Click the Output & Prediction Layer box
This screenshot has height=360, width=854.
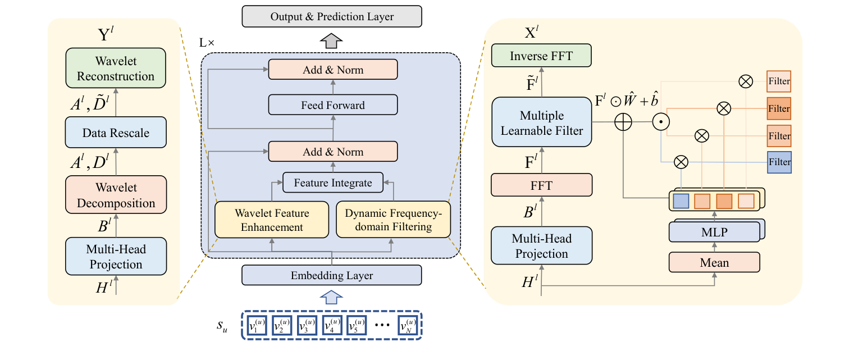(x=332, y=17)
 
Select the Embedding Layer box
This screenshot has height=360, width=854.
(x=331, y=275)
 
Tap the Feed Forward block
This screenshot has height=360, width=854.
(x=333, y=105)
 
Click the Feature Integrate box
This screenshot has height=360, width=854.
(x=332, y=183)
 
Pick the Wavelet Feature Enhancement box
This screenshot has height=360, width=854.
(x=272, y=220)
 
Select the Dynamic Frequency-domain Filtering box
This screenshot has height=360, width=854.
(x=393, y=220)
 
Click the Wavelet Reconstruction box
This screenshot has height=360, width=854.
(x=116, y=68)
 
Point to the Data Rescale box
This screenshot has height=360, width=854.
(x=116, y=133)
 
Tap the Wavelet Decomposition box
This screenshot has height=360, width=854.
(x=116, y=195)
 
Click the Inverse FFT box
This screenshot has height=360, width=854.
(x=541, y=56)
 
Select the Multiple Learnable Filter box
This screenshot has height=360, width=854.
(x=541, y=123)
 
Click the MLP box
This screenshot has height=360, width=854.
(x=714, y=231)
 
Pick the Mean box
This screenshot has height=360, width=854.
(x=714, y=262)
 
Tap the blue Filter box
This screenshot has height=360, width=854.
(x=779, y=162)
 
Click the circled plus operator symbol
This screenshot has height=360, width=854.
(x=623, y=122)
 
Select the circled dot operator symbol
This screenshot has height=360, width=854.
(x=661, y=122)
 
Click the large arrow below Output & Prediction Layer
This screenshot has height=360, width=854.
(x=332, y=40)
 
